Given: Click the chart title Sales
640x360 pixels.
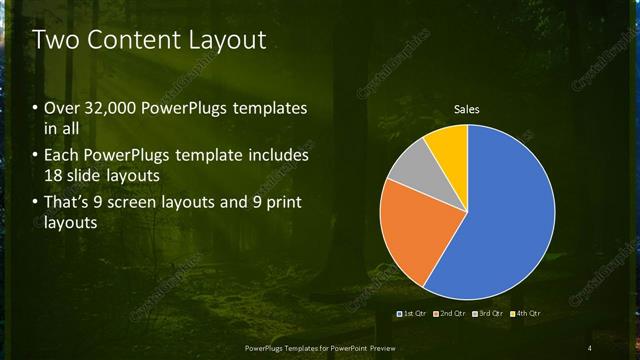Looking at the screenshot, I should tap(467, 108).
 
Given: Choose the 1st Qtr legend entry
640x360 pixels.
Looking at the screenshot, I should tap(414, 314).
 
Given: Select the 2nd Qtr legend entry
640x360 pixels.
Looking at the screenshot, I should tap(451, 314).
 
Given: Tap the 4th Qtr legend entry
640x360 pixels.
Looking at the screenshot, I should tap(526, 314).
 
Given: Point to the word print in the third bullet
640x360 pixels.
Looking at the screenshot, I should tap(282, 203).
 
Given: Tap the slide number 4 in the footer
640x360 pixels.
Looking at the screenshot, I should tap(589, 347).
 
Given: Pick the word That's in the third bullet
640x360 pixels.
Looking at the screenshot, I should tap(68, 203).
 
